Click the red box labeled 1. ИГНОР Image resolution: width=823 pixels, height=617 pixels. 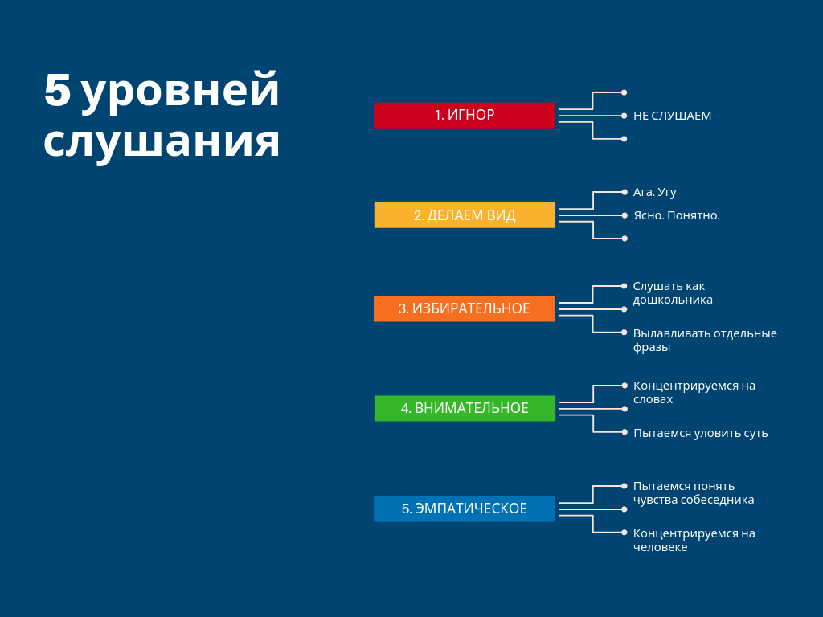[464, 116]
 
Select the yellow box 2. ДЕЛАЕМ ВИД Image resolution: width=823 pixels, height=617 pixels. [465, 215]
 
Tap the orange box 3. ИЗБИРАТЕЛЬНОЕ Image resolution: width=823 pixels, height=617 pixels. [464, 308]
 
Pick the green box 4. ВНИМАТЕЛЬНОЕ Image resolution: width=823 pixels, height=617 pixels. [465, 408]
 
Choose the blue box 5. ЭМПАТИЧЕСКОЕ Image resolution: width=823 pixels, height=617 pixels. [464, 509]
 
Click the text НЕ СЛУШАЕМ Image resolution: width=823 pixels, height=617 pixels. [673, 116]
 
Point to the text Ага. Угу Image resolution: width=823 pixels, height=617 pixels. [654, 193]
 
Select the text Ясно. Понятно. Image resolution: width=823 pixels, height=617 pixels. [677, 215]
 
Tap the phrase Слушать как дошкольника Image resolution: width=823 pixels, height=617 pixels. [673, 292]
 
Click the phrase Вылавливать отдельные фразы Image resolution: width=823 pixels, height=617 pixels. [705, 340]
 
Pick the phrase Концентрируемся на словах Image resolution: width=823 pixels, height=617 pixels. [694, 392]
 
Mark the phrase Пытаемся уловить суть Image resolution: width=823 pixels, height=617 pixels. [701, 433]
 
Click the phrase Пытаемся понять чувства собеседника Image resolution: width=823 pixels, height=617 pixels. [694, 492]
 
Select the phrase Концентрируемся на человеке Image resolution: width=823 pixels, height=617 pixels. [694, 540]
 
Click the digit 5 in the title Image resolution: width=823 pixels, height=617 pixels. [57, 90]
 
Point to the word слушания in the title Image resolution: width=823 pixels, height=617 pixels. [162, 142]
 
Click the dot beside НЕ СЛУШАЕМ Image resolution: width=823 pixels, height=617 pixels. [624, 116]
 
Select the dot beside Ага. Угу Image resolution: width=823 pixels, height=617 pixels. [624, 192]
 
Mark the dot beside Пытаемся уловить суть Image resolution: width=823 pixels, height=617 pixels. [624, 432]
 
